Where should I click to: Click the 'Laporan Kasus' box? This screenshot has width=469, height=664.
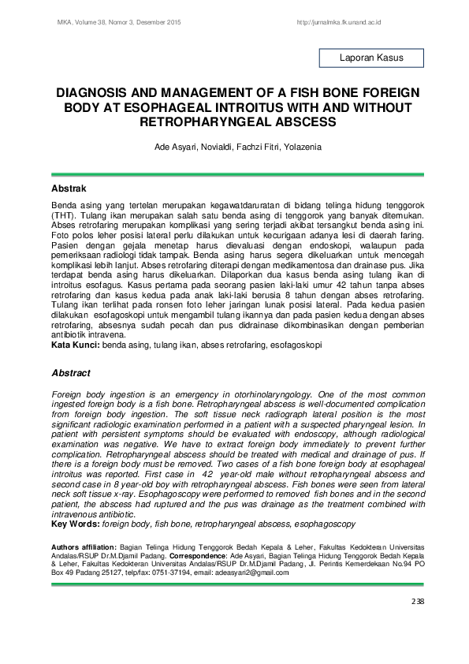pos(370,58)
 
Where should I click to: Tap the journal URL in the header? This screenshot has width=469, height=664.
pos(339,23)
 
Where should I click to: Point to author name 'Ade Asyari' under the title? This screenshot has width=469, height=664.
pos(172,147)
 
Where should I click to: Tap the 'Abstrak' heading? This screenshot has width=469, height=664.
pos(69,190)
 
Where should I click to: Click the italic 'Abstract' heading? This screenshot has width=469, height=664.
pos(71,373)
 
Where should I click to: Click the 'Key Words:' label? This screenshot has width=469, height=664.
pos(75,524)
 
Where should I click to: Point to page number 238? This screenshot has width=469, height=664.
pos(417,602)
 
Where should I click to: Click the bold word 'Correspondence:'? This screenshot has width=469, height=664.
pos(226,555)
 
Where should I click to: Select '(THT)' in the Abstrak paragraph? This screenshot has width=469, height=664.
pos(64,214)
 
